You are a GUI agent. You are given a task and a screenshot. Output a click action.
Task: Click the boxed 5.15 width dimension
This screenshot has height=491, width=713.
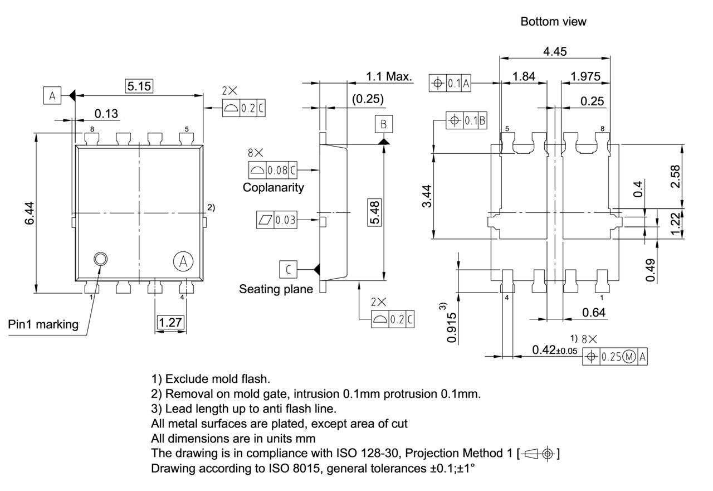tap(139, 86)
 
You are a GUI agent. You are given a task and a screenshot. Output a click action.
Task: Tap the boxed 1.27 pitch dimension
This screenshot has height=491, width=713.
tap(170, 323)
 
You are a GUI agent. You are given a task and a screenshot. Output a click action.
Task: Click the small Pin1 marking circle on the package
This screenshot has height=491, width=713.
tap(101, 259)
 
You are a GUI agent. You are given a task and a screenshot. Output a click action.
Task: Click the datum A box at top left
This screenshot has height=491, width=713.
tap(52, 96)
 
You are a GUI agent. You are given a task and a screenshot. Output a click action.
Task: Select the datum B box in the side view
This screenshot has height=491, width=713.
tap(383, 124)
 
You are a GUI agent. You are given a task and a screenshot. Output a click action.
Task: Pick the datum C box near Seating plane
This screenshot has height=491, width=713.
tap(288, 270)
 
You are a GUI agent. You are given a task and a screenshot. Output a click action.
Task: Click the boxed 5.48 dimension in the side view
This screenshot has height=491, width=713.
tap(378, 212)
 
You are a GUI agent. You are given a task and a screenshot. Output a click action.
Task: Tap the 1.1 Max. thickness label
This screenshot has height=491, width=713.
tap(389, 77)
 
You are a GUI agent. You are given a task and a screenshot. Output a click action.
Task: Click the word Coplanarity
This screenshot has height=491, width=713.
tap(273, 187)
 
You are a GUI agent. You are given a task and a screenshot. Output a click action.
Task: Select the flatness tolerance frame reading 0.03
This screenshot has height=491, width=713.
tap(276, 220)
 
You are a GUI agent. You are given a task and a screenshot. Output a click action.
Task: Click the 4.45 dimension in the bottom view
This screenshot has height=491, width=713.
tap(555, 51)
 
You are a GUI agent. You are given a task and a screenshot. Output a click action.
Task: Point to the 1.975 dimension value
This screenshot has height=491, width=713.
tap(585, 77)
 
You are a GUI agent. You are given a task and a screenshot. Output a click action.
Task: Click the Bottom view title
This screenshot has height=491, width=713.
tap(553, 22)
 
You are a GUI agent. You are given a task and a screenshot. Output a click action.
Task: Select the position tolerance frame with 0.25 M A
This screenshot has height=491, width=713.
tap(615, 356)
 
